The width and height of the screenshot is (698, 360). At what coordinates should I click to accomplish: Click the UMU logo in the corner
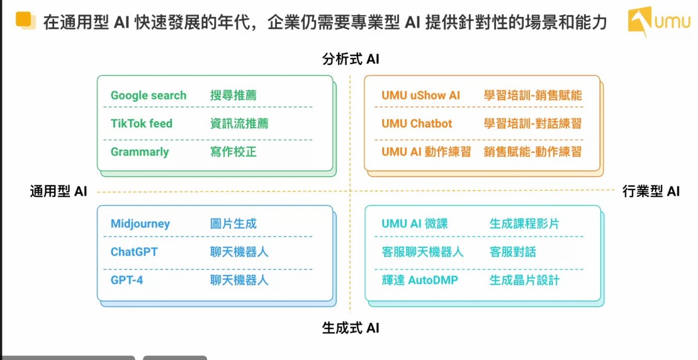click(658, 21)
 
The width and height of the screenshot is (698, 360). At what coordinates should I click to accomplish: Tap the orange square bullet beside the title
click(26, 20)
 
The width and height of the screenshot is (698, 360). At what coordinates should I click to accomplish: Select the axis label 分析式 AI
click(351, 59)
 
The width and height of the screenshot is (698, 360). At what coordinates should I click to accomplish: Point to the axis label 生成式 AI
click(351, 328)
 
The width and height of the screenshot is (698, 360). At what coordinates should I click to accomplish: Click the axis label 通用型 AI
click(58, 191)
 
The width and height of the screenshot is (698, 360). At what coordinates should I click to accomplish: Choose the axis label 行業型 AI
click(651, 191)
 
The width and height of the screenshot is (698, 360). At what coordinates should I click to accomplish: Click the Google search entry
click(148, 95)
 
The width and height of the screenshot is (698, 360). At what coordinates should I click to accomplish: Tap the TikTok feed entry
click(141, 123)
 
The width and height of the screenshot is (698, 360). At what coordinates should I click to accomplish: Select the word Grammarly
click(140, 152)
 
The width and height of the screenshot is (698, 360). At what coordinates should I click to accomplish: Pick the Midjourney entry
click(140, 224)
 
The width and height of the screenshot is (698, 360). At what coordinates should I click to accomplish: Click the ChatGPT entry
click(134, 252)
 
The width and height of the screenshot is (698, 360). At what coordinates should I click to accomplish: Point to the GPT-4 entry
click(127, 280)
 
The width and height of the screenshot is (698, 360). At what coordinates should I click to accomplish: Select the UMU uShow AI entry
click(421, 95)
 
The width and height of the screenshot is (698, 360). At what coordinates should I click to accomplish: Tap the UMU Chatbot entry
click(416, 123)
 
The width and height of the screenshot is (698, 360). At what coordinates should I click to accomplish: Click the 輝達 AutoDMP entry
click(420, 280)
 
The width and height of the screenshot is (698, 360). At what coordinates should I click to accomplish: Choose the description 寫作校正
click(233, 152)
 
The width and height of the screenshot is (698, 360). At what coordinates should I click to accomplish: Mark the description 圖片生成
click(233, 223)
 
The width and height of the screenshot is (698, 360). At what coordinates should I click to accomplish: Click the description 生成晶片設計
click(525, 280)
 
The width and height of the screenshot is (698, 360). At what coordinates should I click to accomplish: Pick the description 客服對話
click(512, 252)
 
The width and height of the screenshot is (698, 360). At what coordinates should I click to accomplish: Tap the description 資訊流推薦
click(239, 123)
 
